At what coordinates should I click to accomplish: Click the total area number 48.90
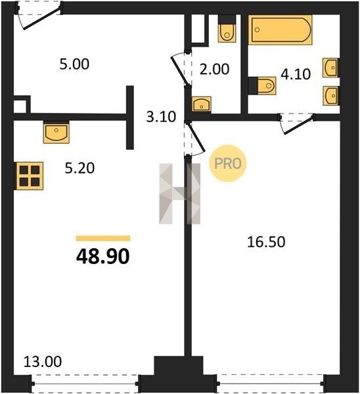click(103, 256)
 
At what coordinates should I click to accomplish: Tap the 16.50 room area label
click(266, 242)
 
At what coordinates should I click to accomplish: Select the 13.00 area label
click(43, 362)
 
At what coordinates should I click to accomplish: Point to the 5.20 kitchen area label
click(79, 168)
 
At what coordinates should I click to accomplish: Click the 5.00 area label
click(74, 64)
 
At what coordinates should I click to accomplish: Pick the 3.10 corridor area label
click(161, 117)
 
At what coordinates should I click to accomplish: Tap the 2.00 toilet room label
click(214, 69)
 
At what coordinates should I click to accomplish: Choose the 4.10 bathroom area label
click(296, 74)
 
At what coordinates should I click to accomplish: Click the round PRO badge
click(228, 164)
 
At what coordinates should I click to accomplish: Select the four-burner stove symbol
click(30, 175)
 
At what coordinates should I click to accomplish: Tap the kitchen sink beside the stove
click(56, 133)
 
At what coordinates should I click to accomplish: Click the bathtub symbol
click(281, 30)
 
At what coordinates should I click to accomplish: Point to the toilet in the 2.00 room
click(227, 28)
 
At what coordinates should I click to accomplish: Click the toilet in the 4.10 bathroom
click(262, 85)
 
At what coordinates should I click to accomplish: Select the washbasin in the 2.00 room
click(202, 104)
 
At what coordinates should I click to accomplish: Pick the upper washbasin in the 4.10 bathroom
click(331, 68)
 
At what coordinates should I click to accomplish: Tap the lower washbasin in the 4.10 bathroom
click(331, 96)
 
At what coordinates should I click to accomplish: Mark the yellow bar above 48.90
click(103, 238)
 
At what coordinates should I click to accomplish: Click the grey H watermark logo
click(180, 194)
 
